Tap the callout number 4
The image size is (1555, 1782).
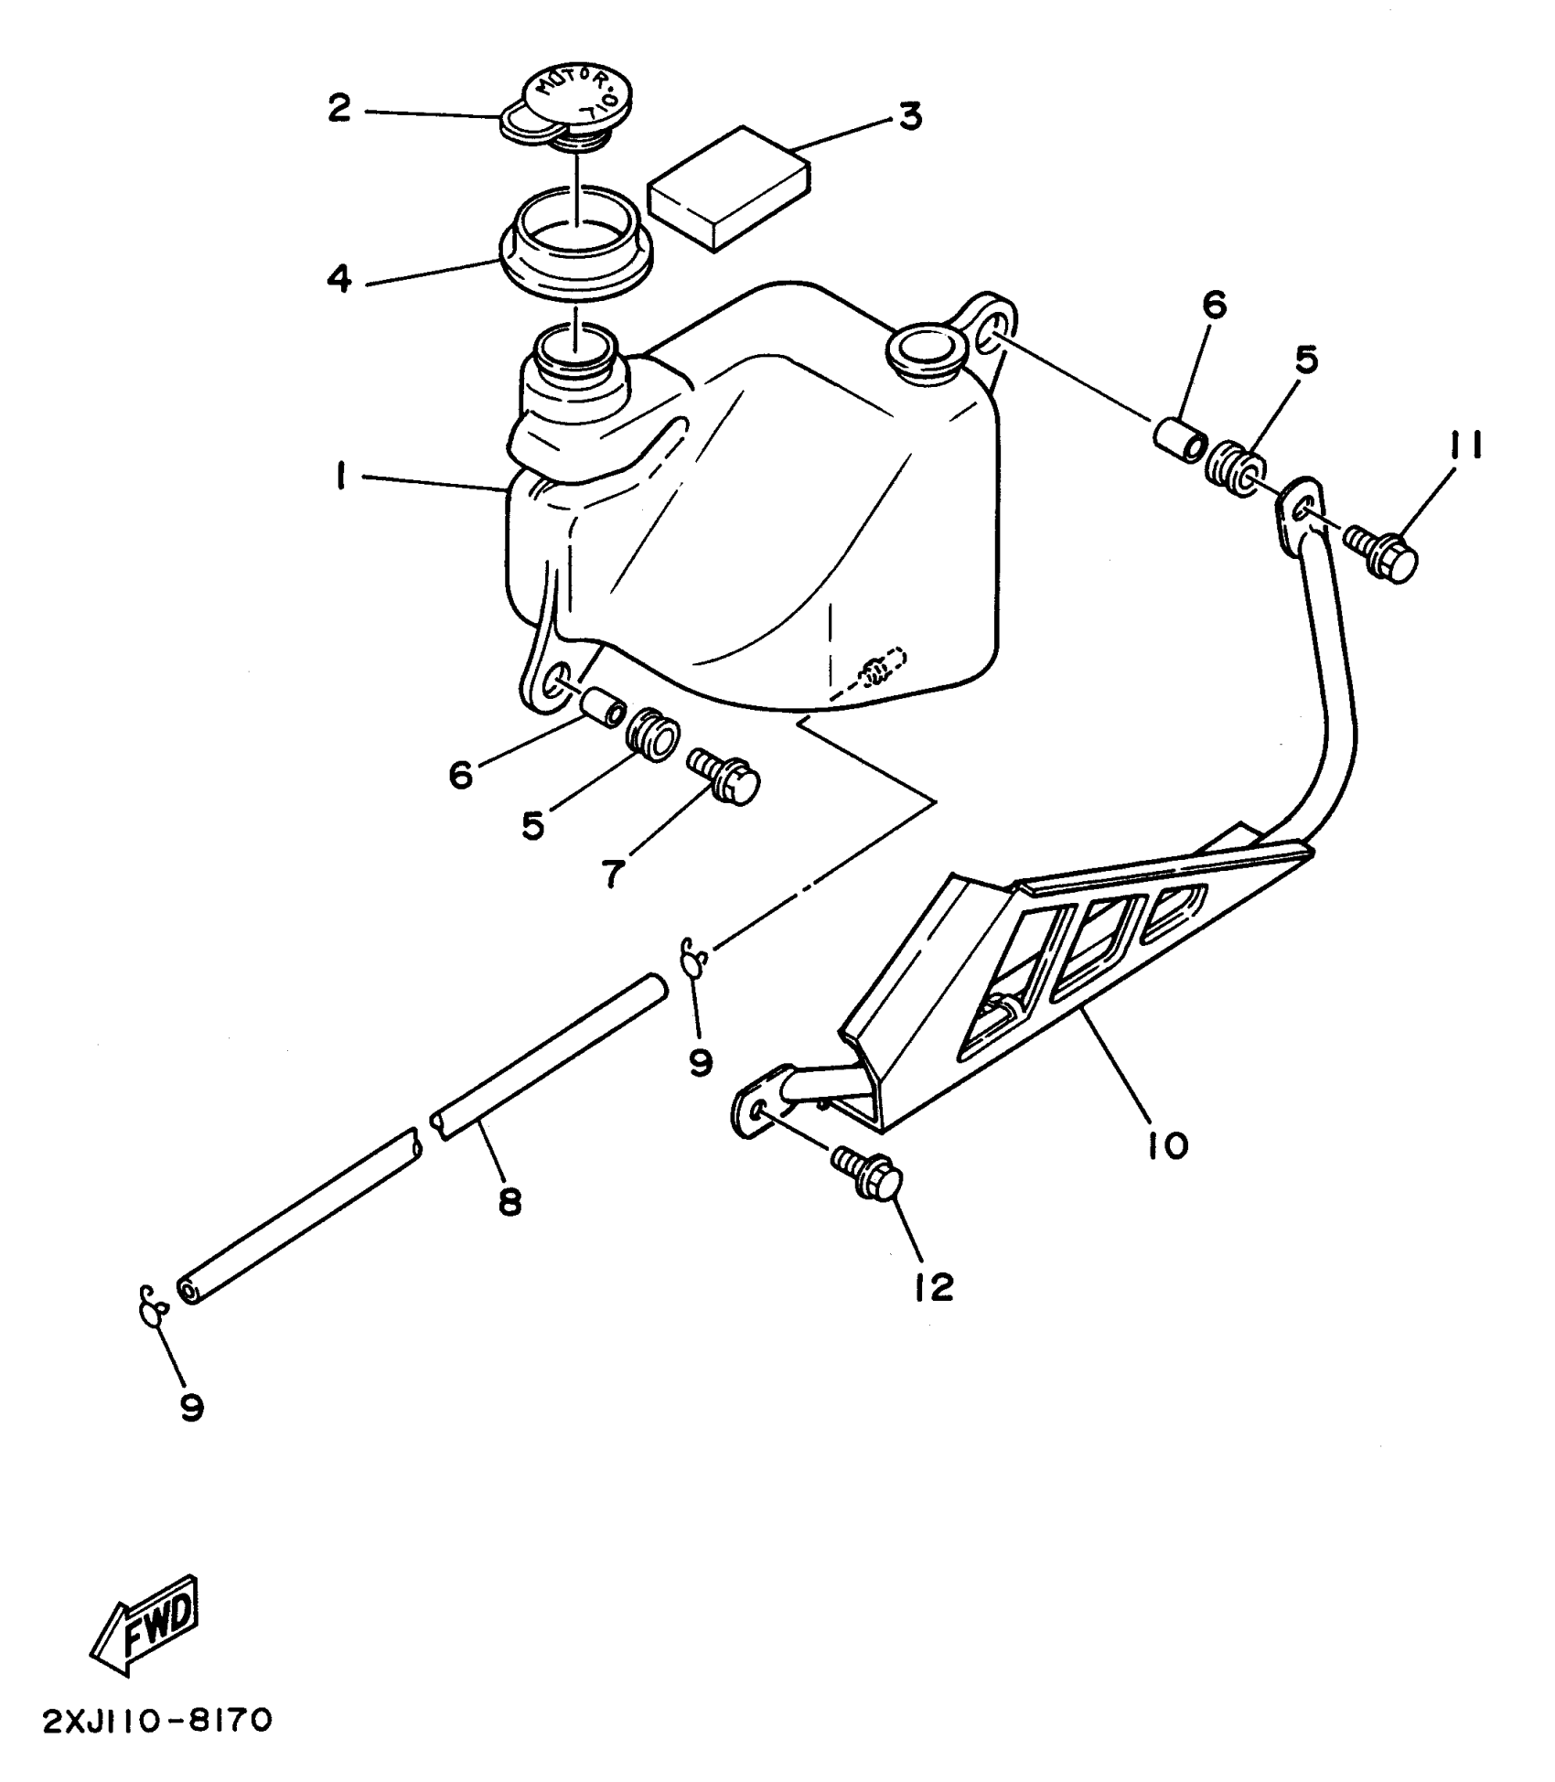point(339,278)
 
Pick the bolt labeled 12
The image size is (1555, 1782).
point(868,1176)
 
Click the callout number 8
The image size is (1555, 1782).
point(509,1201)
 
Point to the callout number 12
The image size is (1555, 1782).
point(932,1287)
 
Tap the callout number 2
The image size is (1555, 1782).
point(339,109)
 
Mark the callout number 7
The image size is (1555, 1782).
point(613,874)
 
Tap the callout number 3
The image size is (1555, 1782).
point(909,117)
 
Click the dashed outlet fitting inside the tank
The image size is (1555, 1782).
point(880,673)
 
